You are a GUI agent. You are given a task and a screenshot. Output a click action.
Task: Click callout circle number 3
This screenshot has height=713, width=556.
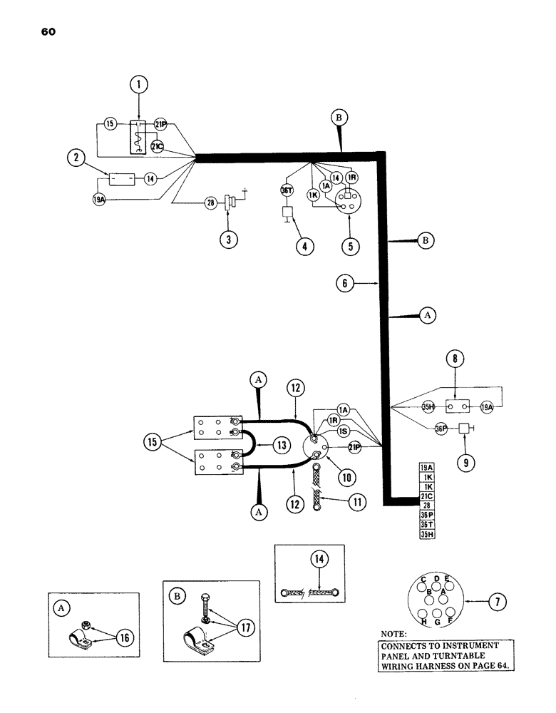click(x=228, y=240)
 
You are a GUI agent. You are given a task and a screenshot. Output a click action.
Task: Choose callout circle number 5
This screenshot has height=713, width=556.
click(x=350, y=246)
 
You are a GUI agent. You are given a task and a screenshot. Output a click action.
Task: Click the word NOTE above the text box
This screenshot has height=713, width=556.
click(x=393, y=633)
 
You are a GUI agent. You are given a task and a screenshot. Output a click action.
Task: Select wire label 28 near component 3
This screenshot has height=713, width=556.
click(x=210, y=202)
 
